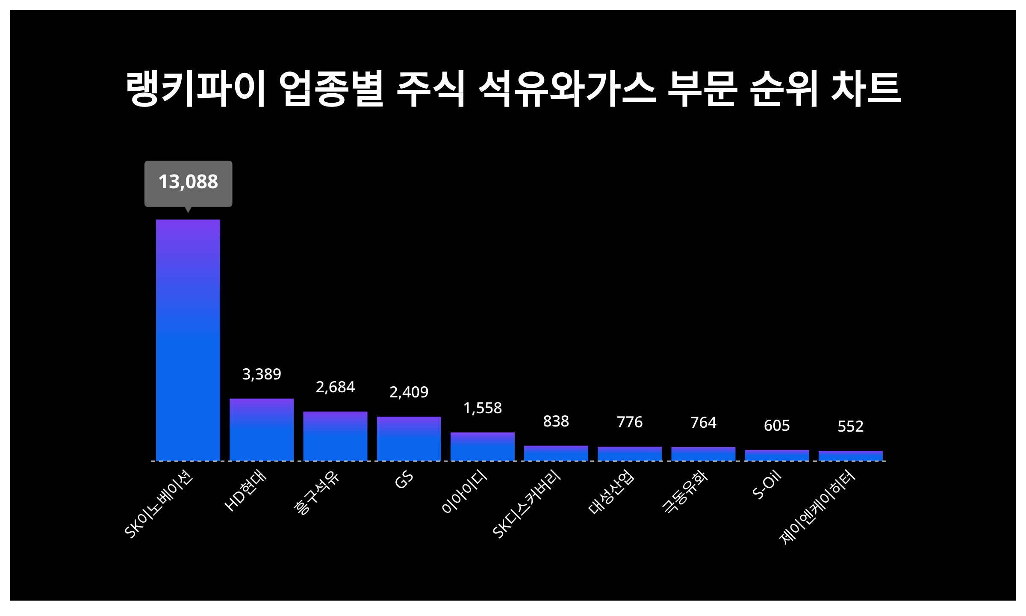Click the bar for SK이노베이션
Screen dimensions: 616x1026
(x=188, y=340)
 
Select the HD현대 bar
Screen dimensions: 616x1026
(x=262, y=429)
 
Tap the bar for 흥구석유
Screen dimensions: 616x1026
(x=335, y=436)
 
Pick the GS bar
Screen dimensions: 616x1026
(x=409, y=438)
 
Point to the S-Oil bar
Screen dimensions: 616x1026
(x=777, y=455)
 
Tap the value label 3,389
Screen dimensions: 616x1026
(x=262, y=374)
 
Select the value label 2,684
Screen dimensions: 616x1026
(x=335, y=387)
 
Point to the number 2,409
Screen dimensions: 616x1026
(x=409, y=392)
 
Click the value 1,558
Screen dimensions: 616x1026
(x=482, y=408)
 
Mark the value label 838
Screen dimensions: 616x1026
(x=556, y=421)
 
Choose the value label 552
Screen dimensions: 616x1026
(x=850, y=426)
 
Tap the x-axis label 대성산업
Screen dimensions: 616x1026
(x=611, y=492)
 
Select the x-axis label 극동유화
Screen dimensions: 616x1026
(x=685, y=492)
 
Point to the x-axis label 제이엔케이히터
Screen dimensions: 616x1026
(x=817, y=507)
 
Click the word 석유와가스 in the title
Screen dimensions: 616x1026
(x=566, y=89)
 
